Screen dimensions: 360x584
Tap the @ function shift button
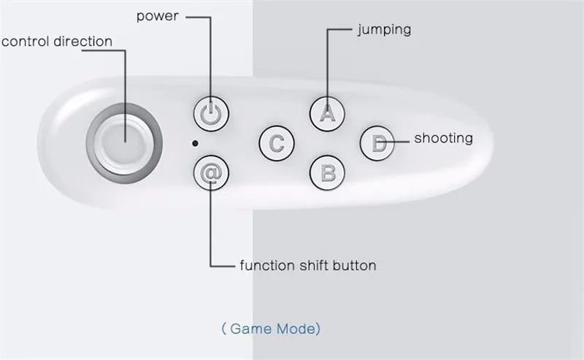[x=212, y=174]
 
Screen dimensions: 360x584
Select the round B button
[x=328, y=173]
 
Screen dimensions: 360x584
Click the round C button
[x=277, y=142]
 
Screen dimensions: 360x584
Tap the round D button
[x=377, y=142]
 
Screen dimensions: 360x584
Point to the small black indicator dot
[x=195, y=143]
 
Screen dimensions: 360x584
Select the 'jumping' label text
[x=384, y=30]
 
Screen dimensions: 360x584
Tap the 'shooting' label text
[x=443, y=137]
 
